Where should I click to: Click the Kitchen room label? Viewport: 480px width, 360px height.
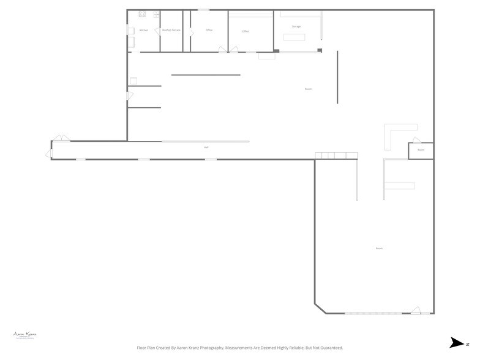(x=144, y=30)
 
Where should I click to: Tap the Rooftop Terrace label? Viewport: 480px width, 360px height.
(x=171, y=30)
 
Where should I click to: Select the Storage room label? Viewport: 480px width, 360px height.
(x=296, y=26)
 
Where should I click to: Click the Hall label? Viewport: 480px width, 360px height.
(x=206, y=148)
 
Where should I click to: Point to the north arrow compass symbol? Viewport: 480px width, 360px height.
(x=457, y=343)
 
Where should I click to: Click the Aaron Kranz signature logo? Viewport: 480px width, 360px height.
(x=24, y=334)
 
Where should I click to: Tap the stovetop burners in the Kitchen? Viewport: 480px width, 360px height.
(x=142, y=13)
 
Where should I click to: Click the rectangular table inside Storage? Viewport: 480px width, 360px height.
(x=294, y=37)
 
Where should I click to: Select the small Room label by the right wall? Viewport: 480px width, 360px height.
(x=421, y=150)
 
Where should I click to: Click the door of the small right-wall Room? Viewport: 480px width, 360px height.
(x=416, y=140)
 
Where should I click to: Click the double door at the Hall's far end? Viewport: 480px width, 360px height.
(x=61, y=138)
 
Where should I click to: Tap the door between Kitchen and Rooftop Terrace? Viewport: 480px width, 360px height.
(x=157, y=31)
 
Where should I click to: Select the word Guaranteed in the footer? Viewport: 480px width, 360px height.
(x=329, y=348)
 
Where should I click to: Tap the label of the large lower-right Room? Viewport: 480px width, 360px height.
(x=380, y=248)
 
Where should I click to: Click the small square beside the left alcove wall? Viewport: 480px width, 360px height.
(x=133, y=80)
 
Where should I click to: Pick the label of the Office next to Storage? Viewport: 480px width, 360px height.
(x=246, y=31)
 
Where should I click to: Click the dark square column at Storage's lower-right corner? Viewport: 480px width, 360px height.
(x=320, y=50)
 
